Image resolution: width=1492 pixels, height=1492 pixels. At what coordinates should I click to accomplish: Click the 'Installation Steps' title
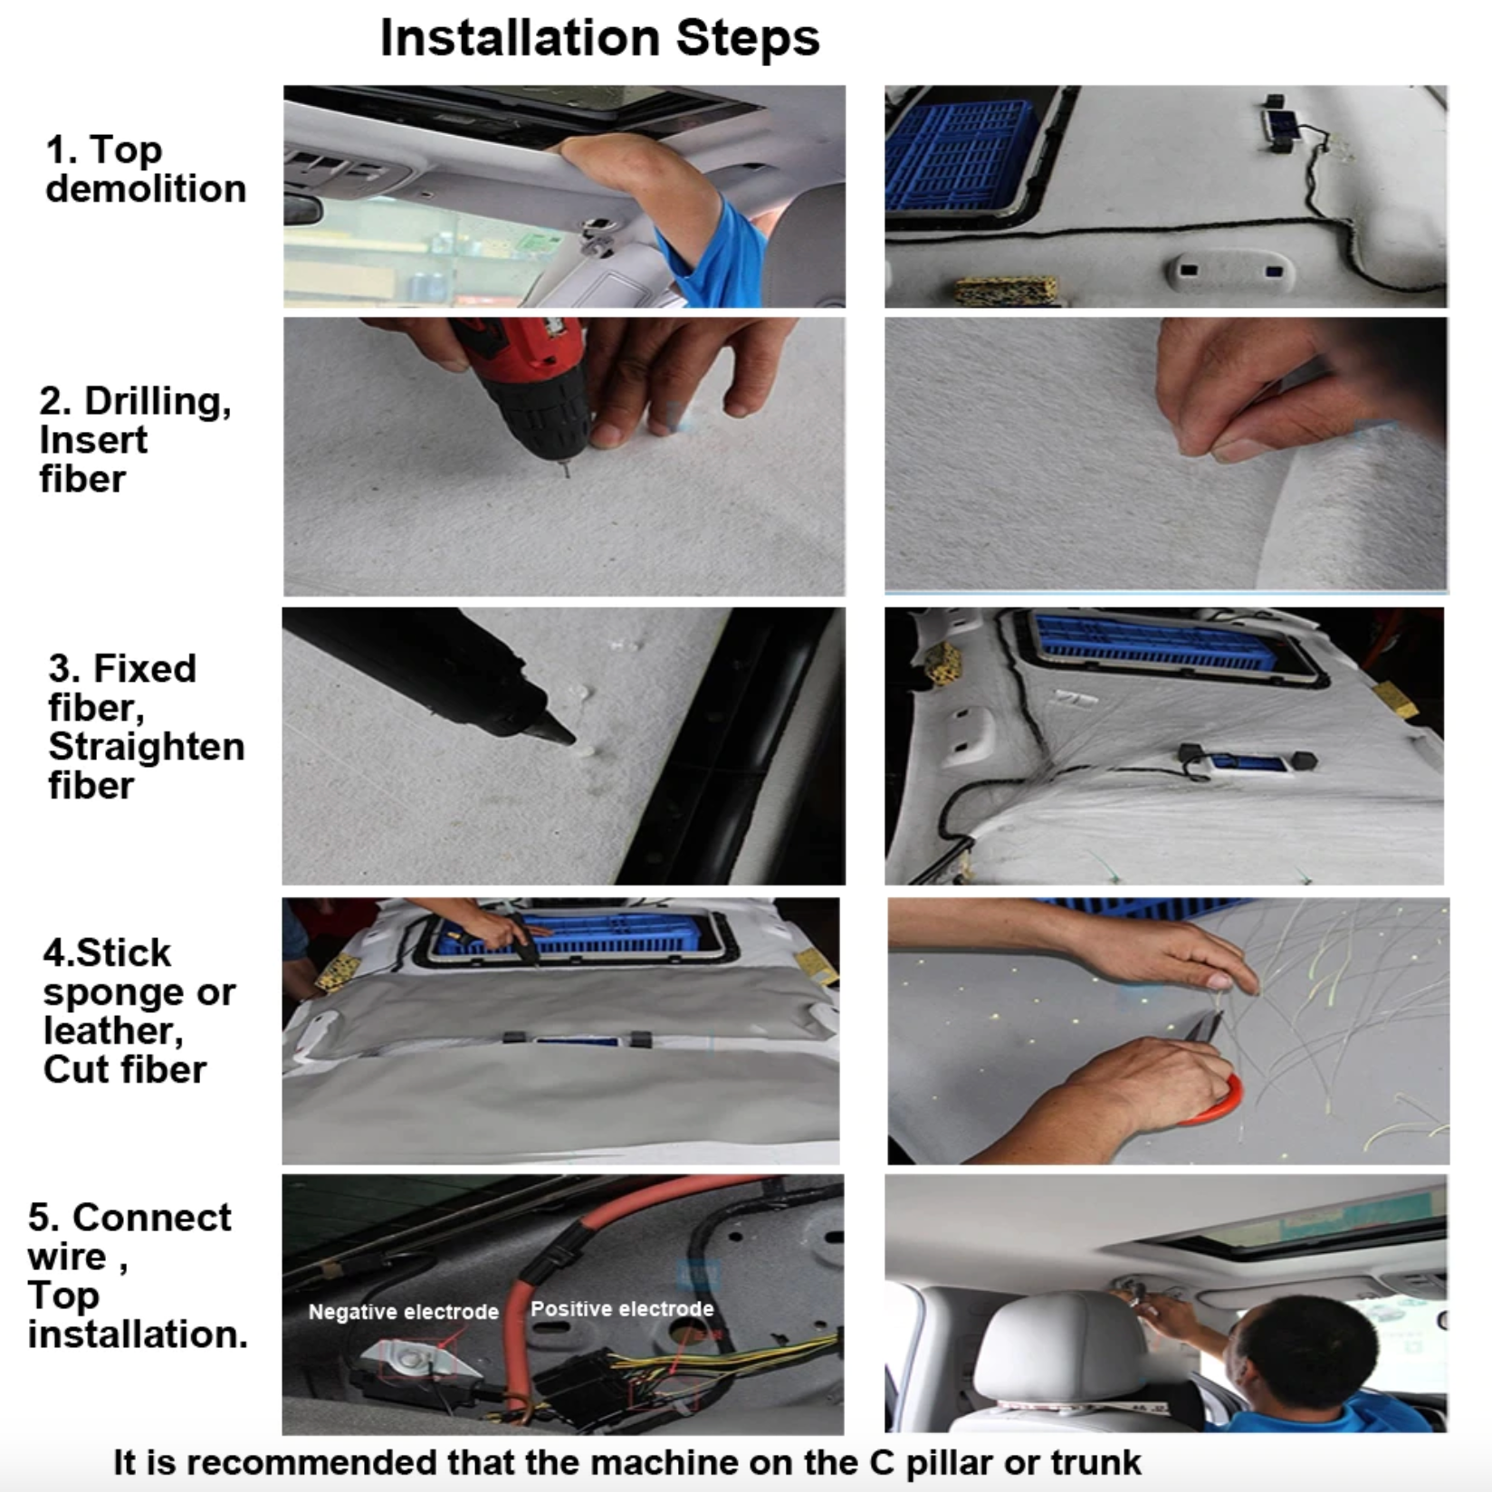coord(599,38)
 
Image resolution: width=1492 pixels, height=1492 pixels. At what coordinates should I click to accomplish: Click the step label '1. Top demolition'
coord(145,169)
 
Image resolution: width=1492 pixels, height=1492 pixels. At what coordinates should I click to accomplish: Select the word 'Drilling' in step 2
coord(157,401)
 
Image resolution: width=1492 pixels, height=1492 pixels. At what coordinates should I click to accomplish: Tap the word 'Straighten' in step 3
coord(146,747)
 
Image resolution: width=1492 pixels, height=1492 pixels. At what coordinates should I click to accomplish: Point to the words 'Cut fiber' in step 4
coord(124,1070)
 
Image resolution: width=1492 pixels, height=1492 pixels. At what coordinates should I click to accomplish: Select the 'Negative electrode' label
coord(403,1312)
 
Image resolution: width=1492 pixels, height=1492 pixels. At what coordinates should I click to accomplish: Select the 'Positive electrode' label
coord(622,1309)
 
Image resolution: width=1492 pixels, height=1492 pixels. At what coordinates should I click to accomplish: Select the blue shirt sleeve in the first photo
coord(715,249)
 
